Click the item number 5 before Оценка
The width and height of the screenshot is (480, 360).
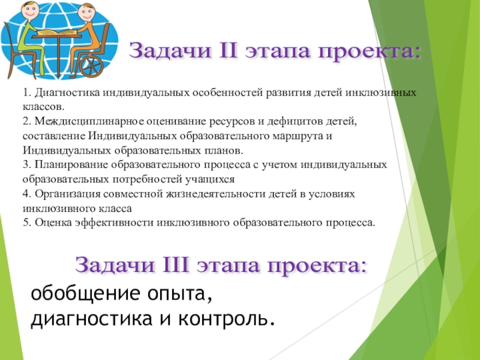click(x=26, y=223)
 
